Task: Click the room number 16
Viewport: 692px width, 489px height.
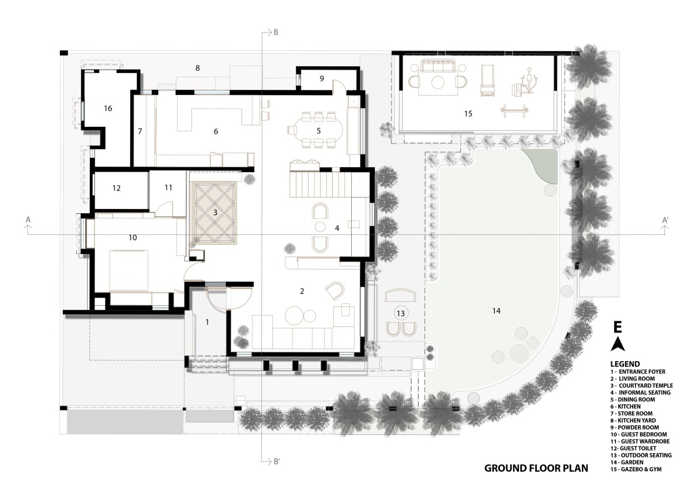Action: click(108, 108)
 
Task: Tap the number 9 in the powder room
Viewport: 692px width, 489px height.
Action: click(322, 79)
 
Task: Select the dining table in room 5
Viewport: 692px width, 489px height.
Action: click(319, 130)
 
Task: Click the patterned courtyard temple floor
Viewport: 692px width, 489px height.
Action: click(215, 213)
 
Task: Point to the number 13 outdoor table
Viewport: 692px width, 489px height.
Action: click(401, 313)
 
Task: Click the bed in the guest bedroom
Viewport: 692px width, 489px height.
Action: click(129, 271)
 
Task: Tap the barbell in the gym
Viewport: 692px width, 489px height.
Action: click(514, 111)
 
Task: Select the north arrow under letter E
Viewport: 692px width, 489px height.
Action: click(618, 344)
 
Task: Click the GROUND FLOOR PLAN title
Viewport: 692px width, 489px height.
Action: click(536, 468)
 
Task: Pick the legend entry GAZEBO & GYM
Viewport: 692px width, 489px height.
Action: click(635, 469)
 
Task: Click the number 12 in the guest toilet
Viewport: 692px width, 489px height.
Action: click(116, 188)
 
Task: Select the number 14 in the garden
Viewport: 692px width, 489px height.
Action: click(497, 310)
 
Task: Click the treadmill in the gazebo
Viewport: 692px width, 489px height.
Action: click(487, 80)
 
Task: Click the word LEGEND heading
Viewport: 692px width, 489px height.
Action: click(625, 364)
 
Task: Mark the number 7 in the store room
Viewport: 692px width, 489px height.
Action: click(140, 131)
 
